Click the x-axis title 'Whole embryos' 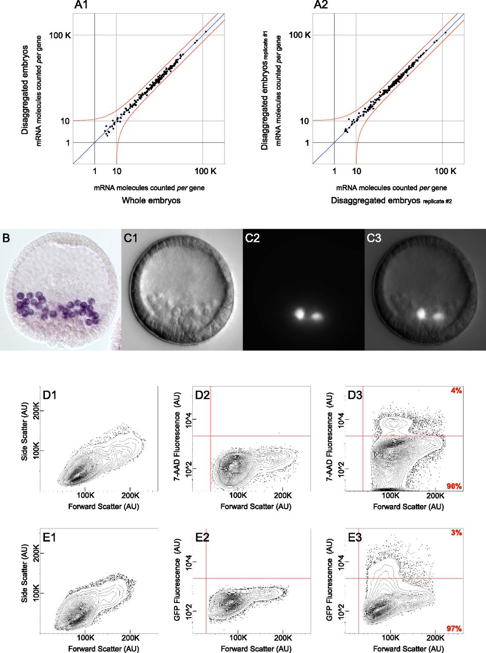tap(151, 200)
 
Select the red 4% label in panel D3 tap(456, 391)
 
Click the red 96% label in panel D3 tap(454, 486)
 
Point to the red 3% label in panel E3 tap(456, 533)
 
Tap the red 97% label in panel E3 tap(454, 629)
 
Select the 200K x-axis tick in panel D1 tap(131, 496)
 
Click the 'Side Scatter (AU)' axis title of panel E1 tap(25, 574)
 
